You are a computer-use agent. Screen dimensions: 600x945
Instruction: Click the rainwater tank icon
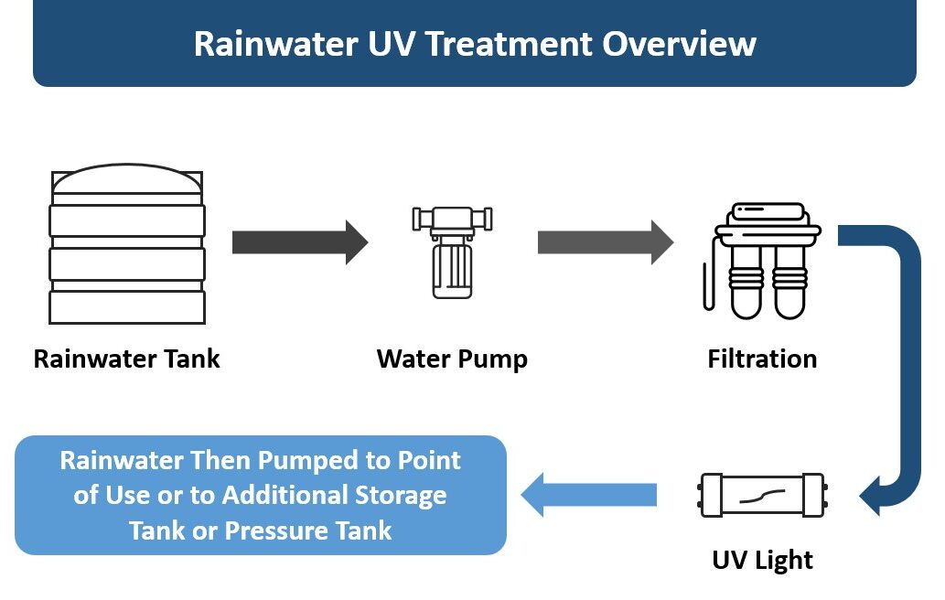[127, 244]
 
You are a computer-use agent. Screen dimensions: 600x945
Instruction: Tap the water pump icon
[452, 252]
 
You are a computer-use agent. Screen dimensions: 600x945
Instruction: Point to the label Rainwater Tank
[127, 359]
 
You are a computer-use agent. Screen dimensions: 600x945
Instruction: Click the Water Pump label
[452, 359]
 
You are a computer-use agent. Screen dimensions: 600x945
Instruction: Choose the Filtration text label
[762, 359]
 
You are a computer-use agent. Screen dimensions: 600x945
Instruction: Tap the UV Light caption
[762, 559]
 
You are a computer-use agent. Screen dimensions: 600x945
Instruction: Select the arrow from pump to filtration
[605, 242]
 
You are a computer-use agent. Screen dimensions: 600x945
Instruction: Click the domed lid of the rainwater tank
[127, 181]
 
